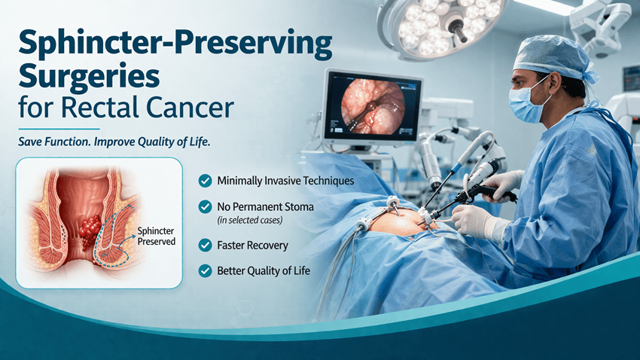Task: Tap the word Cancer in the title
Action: coord(190,108)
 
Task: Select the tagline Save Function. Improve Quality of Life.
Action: coord(114,142)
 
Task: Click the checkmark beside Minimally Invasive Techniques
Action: coord(205,181)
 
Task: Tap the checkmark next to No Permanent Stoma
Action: coord(205,206)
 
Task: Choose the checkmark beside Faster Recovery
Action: coord(205,245)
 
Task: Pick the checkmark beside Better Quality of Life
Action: coord(205,270)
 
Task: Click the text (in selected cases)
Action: coord(250,221)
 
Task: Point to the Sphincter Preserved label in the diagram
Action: coord(156,236)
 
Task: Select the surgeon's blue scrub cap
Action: coord(554,58)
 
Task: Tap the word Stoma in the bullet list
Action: coord(298,207)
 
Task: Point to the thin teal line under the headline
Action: coord(59,129)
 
